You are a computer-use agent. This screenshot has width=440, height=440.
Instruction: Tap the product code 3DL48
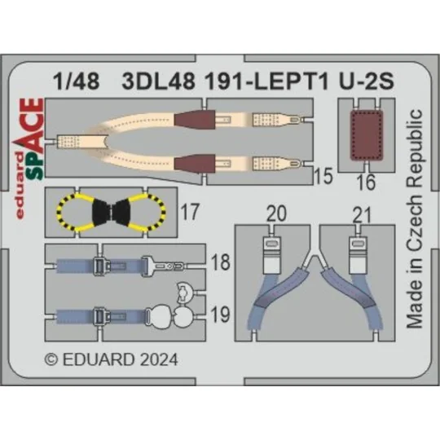point(151,81)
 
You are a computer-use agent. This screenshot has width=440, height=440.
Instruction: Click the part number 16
point(366,183)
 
